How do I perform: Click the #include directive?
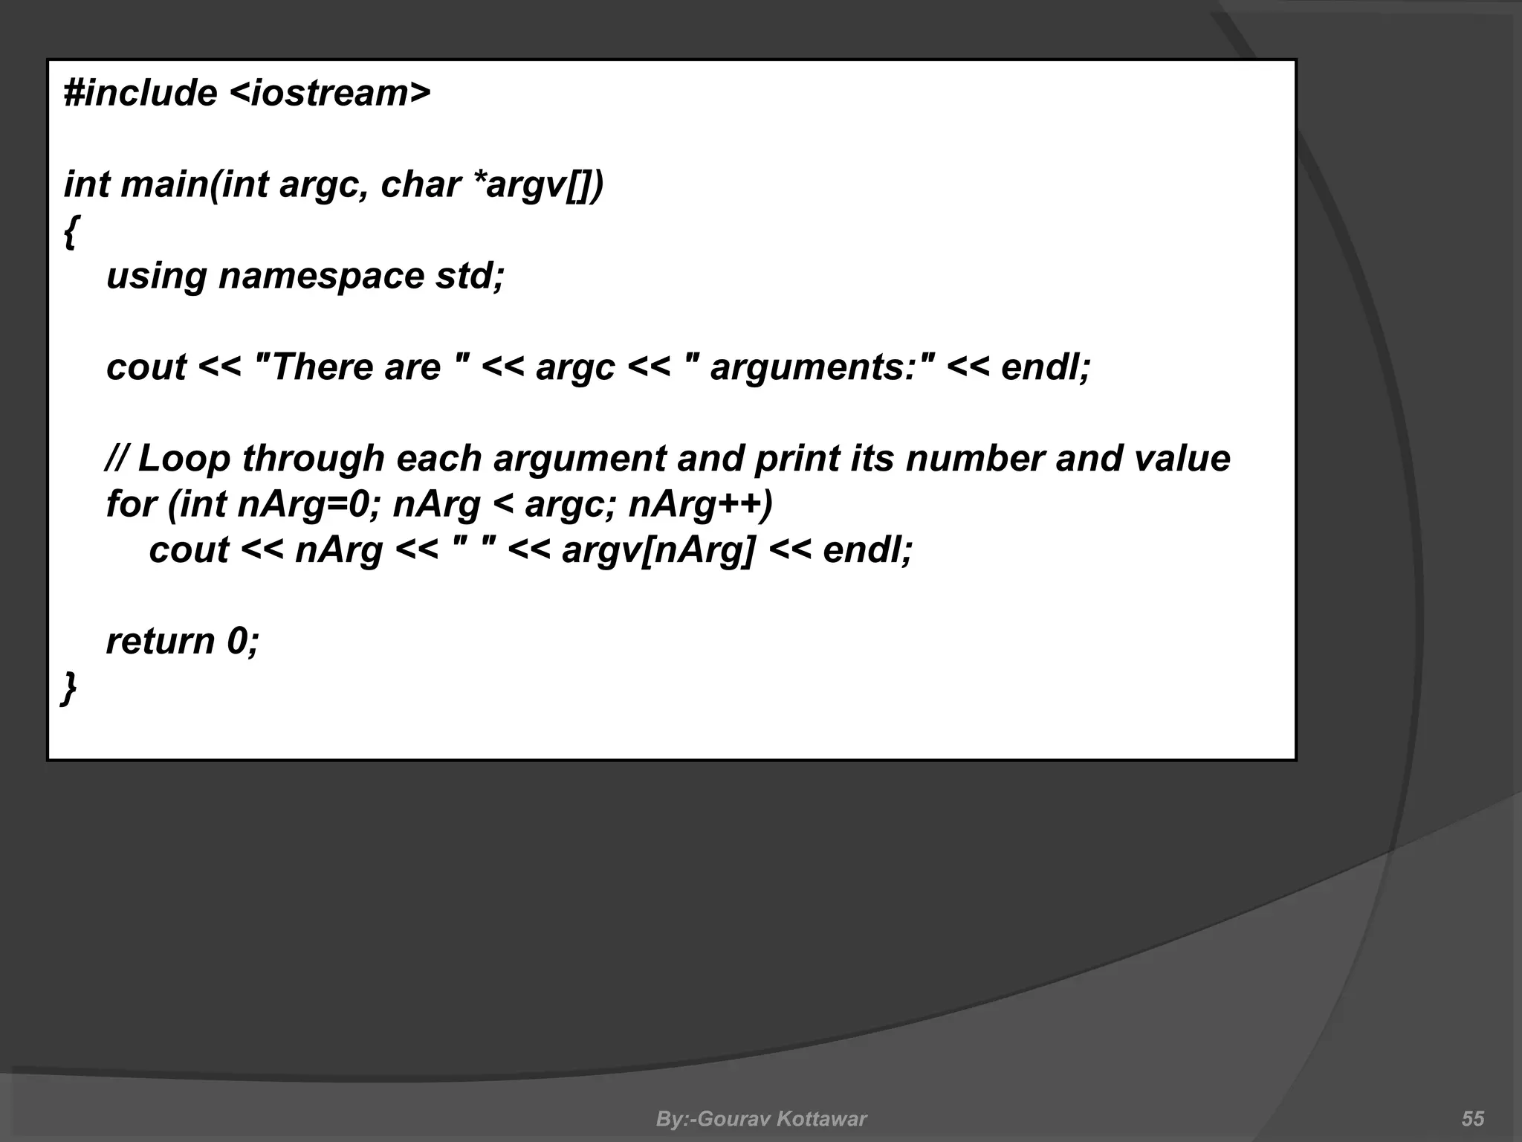click(x=140, y=94)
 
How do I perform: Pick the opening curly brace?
click(x=70, y=232)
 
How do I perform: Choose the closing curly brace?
click(x=68, y=688)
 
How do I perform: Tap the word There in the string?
click(x=320, y=367)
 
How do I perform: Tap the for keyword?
click(x=131, y=504)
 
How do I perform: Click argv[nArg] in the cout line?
click(x=658, y=550)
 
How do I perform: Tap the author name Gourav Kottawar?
click(x=783, y=1118)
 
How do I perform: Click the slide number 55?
click(x=1473, y=1118)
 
